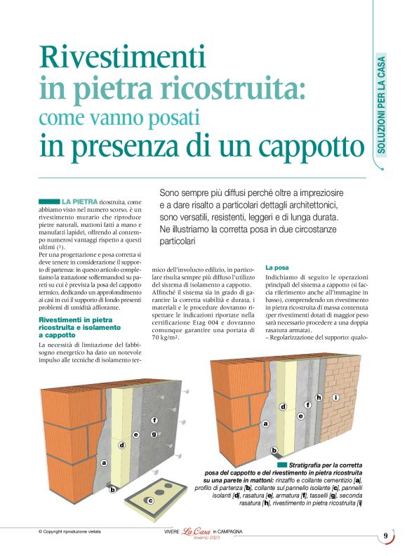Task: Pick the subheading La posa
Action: coord(277,268)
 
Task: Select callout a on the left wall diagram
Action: coord(105,463)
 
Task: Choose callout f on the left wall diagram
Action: coord(154,420)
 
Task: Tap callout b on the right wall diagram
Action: coord(274,450)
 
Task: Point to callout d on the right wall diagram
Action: coord(283,406)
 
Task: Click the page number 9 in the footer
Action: coord(386,537)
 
